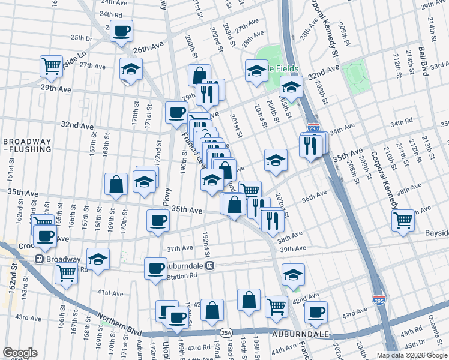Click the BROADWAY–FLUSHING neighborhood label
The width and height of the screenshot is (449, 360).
[x=26, y=148]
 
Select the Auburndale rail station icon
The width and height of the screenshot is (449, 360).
[x=210, y=265]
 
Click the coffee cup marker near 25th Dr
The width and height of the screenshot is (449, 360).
[x=121, y=31]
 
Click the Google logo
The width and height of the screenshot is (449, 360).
[x=20, y=353]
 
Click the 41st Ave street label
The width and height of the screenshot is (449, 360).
[x=110, y=293]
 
